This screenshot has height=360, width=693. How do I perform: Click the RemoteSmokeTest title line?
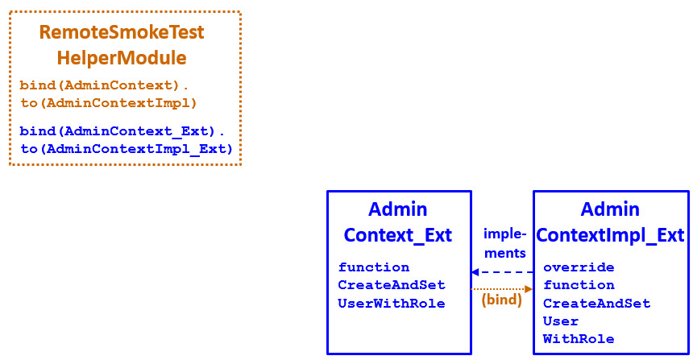(122, 32)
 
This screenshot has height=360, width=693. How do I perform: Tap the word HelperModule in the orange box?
(122, 58)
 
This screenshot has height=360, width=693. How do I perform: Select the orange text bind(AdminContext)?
(104, 85)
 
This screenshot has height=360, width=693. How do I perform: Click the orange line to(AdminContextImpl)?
(109, 102)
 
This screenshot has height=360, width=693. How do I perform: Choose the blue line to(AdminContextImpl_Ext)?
(127, 148)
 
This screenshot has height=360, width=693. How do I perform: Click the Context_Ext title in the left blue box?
(398, 235)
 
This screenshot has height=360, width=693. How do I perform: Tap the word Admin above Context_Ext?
(398, 209)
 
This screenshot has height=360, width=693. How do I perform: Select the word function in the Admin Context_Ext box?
(374, 267)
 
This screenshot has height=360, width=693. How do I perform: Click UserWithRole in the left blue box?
(392, 303)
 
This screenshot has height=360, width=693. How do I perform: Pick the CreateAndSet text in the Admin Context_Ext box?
(392, 285)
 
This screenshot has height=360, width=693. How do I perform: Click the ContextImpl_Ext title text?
(610, 235)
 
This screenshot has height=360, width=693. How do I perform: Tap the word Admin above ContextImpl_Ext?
(610, 209)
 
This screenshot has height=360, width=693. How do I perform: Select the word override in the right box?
(579, 267)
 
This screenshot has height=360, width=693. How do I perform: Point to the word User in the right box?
(561, 321)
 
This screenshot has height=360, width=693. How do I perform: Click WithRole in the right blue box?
(579, 339)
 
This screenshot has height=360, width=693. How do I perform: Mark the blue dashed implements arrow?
(502, 272)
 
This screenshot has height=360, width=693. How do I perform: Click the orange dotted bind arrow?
(502, 288)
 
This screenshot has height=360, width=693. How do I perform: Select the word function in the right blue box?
(579, 285)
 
